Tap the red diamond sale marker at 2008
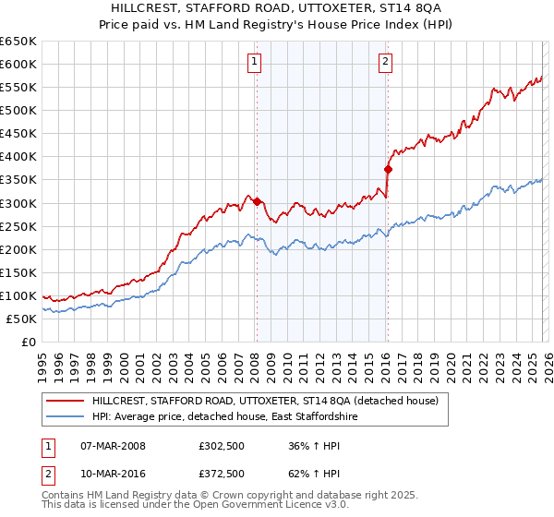[x=257, y=201]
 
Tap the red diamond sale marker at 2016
[x=388, y=169]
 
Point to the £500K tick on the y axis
[x=18, y=110]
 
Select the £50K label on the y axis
[x=21, y=319]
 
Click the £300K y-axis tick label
[x=18, y=203]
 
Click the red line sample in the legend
[x=65, y=401]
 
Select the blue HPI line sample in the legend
[x=65, y=417]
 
